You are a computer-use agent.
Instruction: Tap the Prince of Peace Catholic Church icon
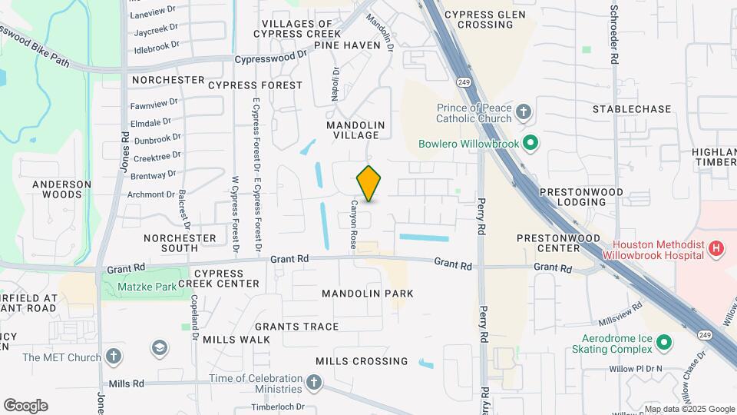click(x=524, y=112)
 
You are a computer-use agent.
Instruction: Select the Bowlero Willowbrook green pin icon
click(x=530, y=143)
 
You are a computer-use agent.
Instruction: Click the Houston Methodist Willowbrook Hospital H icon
click(x=716, y=248)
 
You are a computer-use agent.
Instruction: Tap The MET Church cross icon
click(x=114, y=357)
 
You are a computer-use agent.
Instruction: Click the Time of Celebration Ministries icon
click(x=313, y=382)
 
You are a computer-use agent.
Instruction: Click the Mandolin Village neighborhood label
click(x=355, y=130)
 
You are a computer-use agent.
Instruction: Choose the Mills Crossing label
click(x=362, y=361)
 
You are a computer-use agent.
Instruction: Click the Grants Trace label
click(x=297, y=327)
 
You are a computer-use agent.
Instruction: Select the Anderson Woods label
click(x=62, y=189)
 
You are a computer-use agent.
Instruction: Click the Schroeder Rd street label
click(x=614, y=35)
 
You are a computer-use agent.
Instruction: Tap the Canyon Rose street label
click(x=354, y=224)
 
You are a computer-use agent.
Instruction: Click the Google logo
click(x=25, y=406)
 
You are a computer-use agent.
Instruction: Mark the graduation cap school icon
click(x=160, y=348)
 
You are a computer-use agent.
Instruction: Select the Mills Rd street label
click(x=127, y=383)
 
